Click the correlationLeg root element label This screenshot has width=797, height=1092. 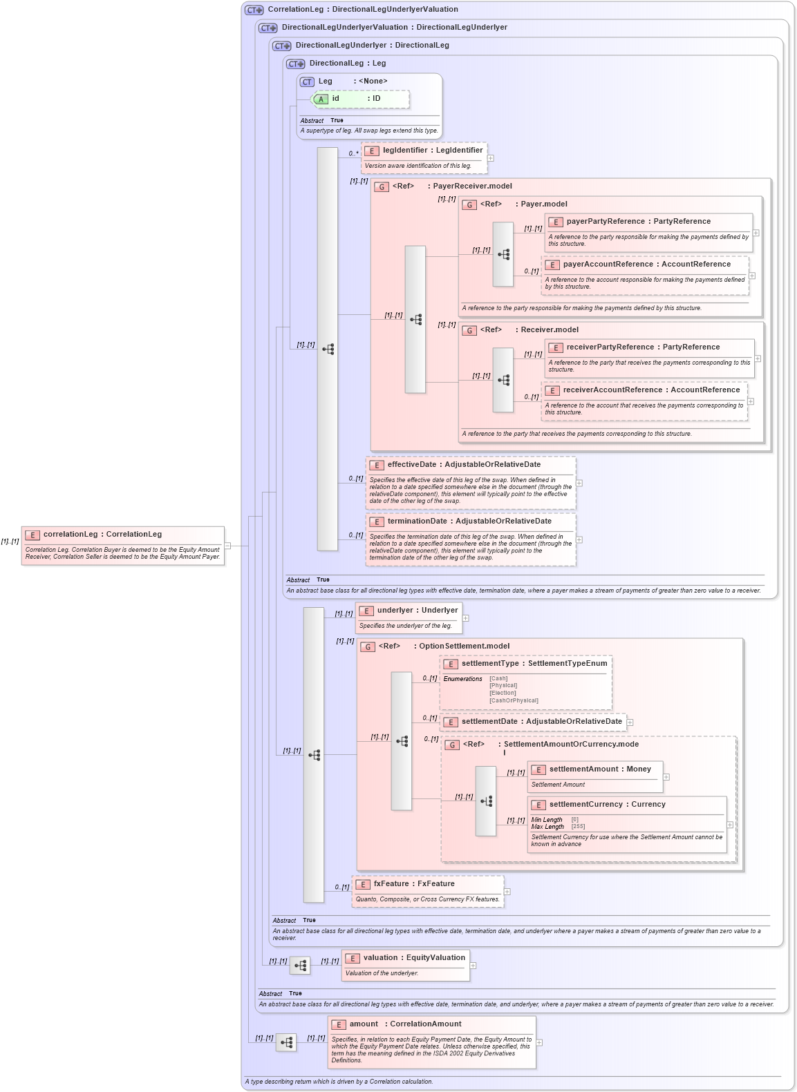pos(102,535)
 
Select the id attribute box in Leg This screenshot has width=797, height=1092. pos(360,99)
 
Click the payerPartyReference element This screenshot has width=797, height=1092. pos(638,222)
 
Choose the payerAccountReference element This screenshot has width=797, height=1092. pos(646,265)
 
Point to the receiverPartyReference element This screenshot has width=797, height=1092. pos(643,347)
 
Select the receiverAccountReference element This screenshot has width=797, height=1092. pos(651,390)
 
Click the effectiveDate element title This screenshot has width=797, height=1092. pos(464,465)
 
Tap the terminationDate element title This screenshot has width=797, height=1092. pos(469,521)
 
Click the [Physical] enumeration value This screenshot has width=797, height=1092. pos(503,686)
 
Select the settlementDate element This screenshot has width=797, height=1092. pos(541,722)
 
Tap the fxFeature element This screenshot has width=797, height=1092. pos(414,884)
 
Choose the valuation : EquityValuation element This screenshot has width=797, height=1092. pos(414,958)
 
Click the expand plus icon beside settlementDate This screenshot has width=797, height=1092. pos(630,722)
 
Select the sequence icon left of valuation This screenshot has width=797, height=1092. pos(300,966)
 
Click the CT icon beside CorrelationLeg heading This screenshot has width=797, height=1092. pos(254,10)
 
